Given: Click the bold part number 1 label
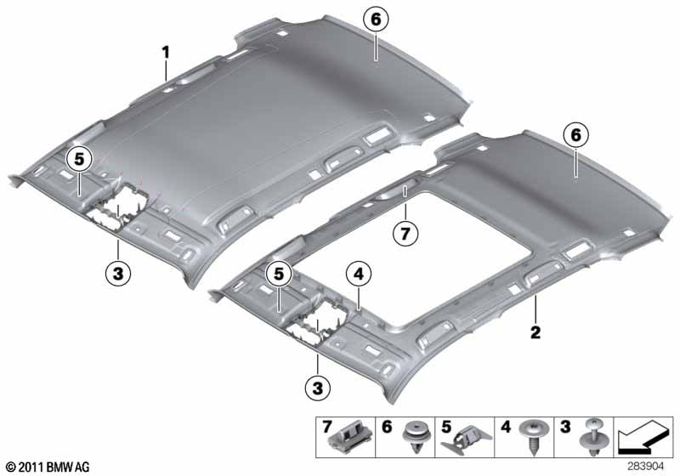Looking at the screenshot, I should click(167, 52).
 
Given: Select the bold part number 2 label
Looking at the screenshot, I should click(535, 331).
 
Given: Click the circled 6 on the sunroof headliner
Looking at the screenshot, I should click(576, 133).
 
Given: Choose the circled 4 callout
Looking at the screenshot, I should click(359, 274).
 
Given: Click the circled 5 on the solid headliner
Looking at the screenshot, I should click(80, 158).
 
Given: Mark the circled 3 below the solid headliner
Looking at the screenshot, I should click(117, 273).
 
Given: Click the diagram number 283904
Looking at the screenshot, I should click(647, 467).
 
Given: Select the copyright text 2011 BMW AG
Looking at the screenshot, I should click(47, 467).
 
